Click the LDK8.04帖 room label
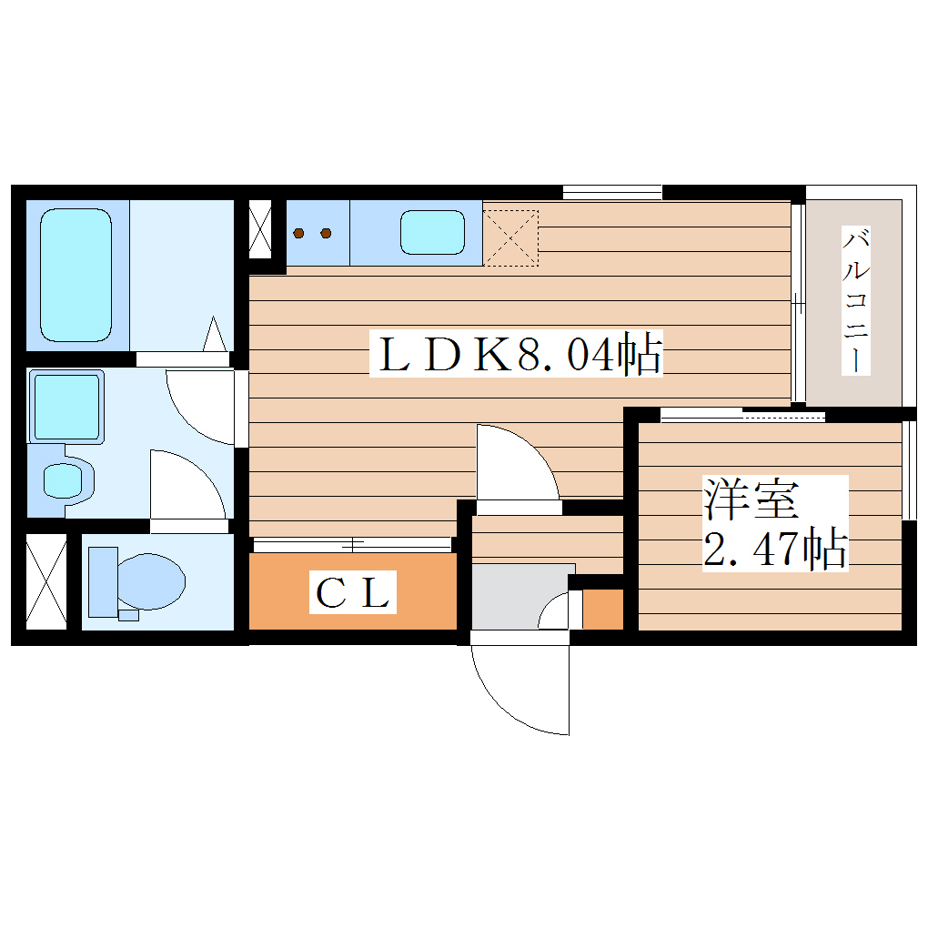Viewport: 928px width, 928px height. pos(515,354)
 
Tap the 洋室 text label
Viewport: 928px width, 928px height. pos(750,498)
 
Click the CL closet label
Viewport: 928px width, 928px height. pos(353,593)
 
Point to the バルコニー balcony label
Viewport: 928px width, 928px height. pos(854,301)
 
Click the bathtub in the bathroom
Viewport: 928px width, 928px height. pos(76,274)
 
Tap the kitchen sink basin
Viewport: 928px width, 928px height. pos(432,232)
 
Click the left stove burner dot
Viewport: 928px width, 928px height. pos(299,233)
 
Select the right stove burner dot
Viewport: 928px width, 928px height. pos(326,233)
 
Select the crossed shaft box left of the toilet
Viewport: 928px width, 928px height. pos(45,580)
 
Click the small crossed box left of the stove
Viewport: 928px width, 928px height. pos(260,228)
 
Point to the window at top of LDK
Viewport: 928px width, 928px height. pos(611,192)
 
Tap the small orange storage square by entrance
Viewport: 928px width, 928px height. pos(602,610)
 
